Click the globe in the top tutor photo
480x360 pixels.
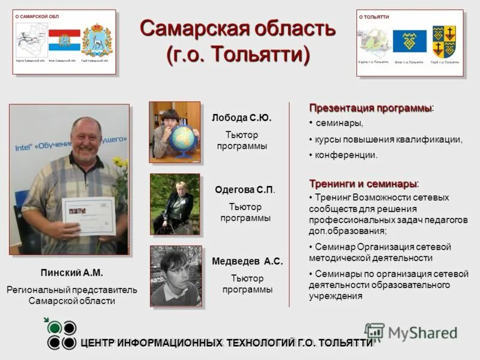[x=182, y=139]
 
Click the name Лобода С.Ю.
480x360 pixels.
[x=242, y=118]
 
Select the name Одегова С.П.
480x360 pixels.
[x=245, y=190]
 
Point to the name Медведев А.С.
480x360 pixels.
[x=247, y=262]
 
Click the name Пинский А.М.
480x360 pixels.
[x=71, y=272]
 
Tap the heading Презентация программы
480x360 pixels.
[x=370, y=108]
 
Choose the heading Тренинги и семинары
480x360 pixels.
[x=364, y=183]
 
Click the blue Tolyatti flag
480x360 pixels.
[x=410, y=41]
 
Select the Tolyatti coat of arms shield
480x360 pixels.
[x=445, y=41]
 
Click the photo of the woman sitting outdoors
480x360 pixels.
[x=175, y=204]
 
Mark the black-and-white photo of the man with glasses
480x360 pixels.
[x=176, y=275]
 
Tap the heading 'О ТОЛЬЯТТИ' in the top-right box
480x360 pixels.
[x=374, y=17]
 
